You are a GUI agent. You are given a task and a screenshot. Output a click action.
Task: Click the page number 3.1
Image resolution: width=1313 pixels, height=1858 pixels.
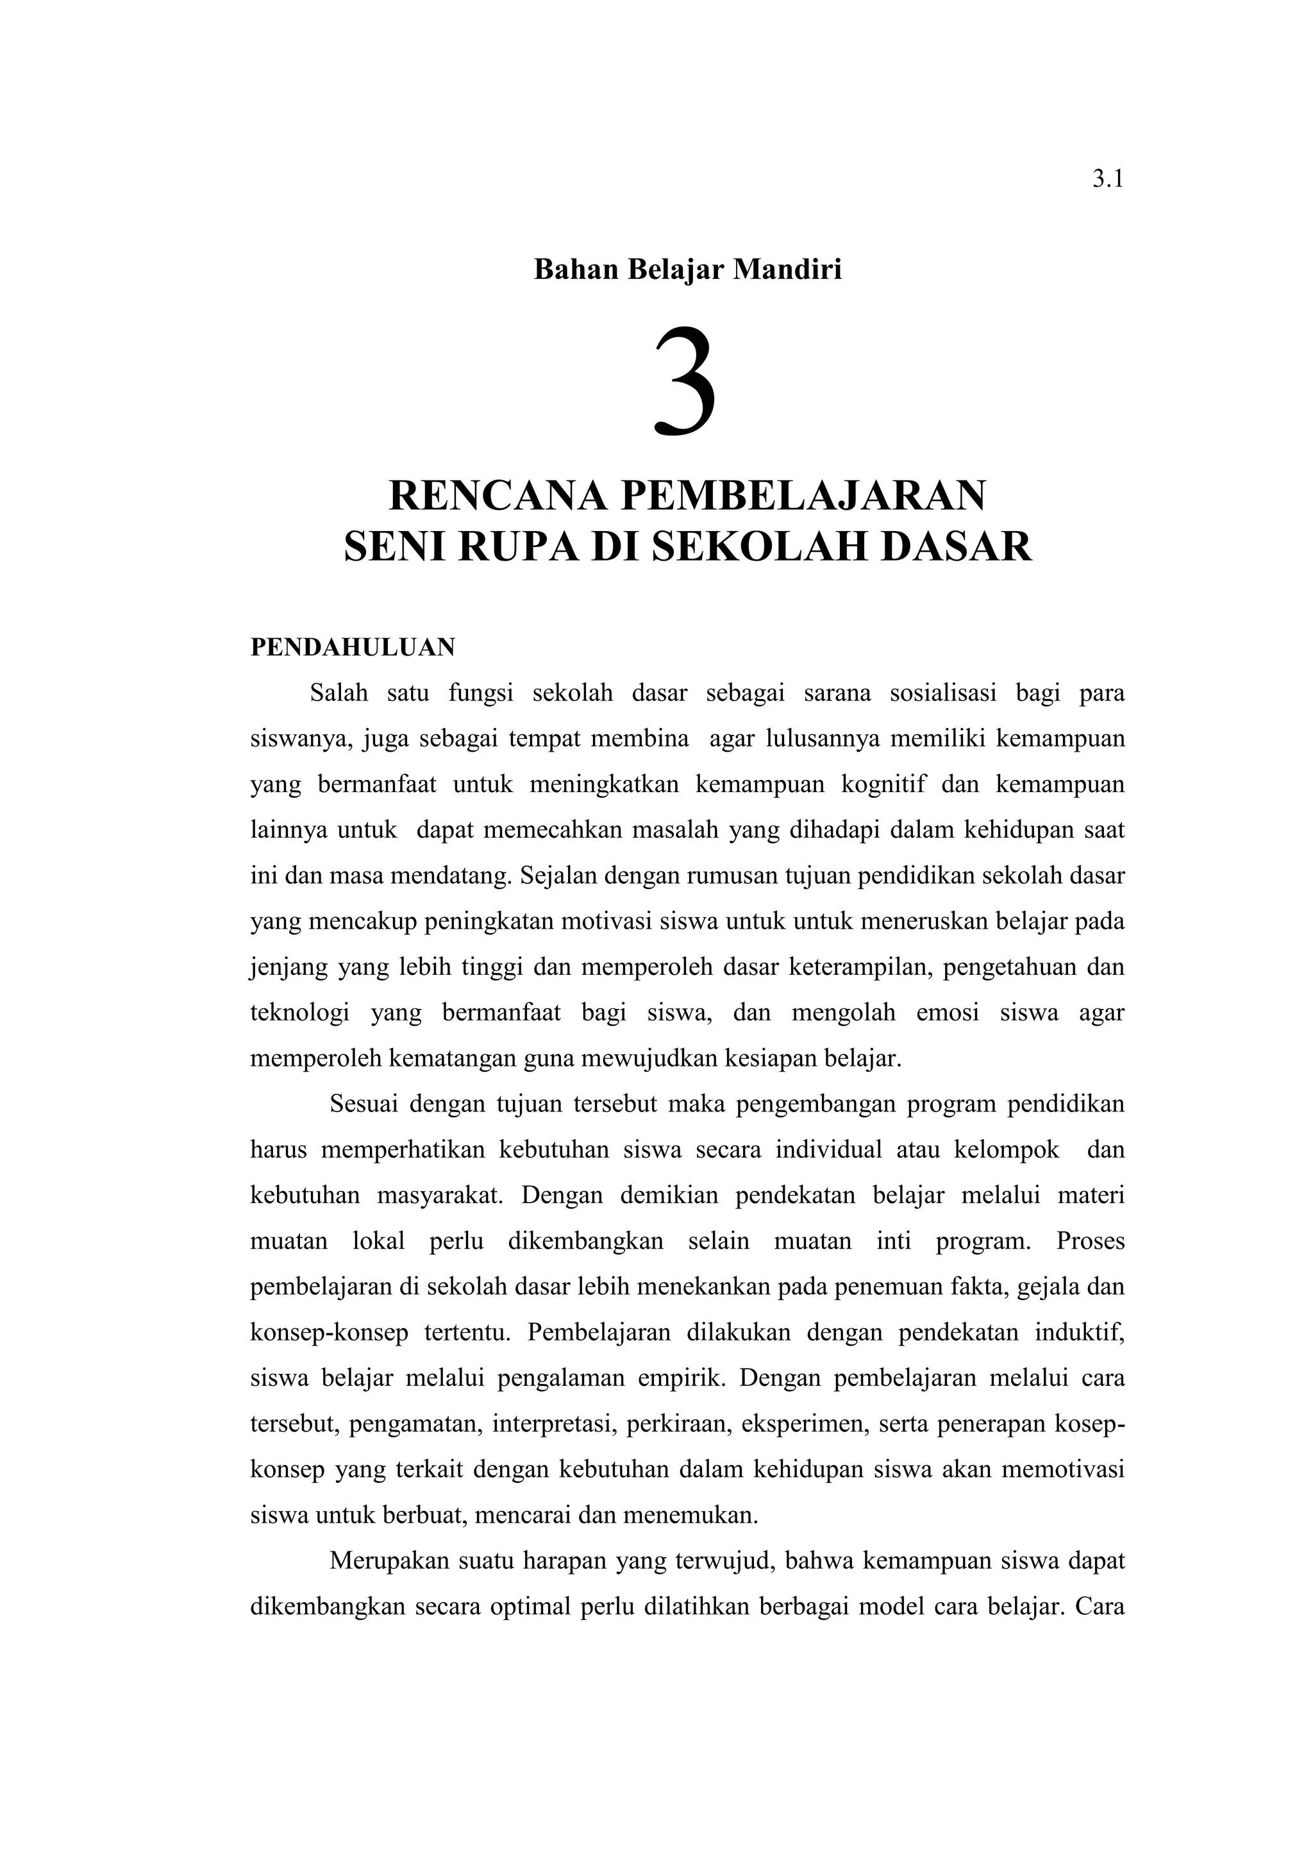[x=1107, y=180]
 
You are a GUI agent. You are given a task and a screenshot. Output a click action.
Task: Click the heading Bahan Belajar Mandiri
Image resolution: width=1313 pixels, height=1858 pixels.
[x=688, y=269]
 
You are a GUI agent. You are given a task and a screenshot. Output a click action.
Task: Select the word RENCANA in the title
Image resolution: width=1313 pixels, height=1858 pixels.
[x=498, y=495]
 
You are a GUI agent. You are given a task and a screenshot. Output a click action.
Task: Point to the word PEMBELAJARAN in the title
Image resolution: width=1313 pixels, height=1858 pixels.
[x=803, y=495]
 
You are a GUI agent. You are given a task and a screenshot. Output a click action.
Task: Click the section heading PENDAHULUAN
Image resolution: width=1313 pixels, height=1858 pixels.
[x=353, y=647]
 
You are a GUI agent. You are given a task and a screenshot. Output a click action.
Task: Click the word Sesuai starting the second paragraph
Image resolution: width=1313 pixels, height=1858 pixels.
[x=364, y=1104]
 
